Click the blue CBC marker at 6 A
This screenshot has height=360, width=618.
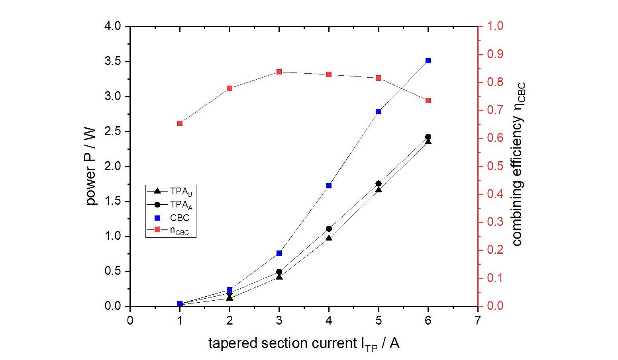(x=428, y=61)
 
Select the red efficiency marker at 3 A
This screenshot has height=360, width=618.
(x=279, y=72)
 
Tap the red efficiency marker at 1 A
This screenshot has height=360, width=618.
(x=180, y=123)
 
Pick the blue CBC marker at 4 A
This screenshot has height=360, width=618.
(x=329, y=186)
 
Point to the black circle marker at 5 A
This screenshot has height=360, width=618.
(x=379, y=184)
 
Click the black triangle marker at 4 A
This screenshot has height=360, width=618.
(x=329, y=238)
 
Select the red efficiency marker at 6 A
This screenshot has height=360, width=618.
(x=428, y=101)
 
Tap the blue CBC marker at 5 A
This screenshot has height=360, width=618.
(x=379, y=112)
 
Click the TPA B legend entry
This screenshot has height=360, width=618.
(x=171, y=191)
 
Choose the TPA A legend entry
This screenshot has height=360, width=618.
(x=171, y=205)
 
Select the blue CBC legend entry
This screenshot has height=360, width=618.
(x=171, y=218)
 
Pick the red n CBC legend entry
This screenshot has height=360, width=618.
(x=171, y=231)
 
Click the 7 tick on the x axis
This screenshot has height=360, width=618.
(x=478, y=320)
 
